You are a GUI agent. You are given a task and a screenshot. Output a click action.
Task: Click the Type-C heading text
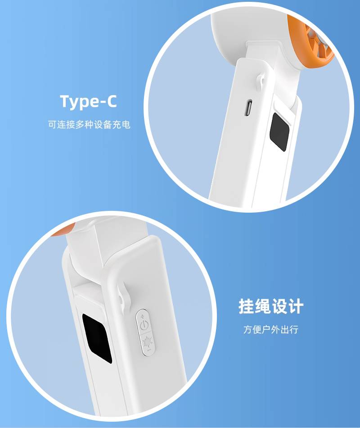(88, 102)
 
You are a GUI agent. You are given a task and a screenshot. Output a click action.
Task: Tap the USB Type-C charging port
(249, 108)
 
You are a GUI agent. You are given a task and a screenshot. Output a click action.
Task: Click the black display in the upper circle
(279, 132)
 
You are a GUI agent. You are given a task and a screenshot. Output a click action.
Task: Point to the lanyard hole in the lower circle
(121, 299)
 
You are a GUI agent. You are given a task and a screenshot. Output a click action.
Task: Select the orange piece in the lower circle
(63, 230)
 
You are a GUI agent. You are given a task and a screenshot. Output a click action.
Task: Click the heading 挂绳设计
(271, 306)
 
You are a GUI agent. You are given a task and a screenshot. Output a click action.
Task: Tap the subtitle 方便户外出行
(271, 329)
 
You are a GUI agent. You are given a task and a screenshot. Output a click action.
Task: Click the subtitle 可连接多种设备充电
(89, 124)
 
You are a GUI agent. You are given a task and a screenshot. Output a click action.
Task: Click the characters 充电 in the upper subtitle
(121, 124)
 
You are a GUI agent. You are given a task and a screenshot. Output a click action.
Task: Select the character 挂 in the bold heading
(247, 306)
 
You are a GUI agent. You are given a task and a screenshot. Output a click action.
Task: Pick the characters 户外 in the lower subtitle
(271, 329)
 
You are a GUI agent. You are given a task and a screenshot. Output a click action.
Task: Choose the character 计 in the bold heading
(296, 306)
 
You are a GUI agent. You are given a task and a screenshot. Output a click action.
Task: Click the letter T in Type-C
(65, 101)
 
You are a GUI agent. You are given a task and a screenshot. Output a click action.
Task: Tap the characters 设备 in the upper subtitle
(103, 124)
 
